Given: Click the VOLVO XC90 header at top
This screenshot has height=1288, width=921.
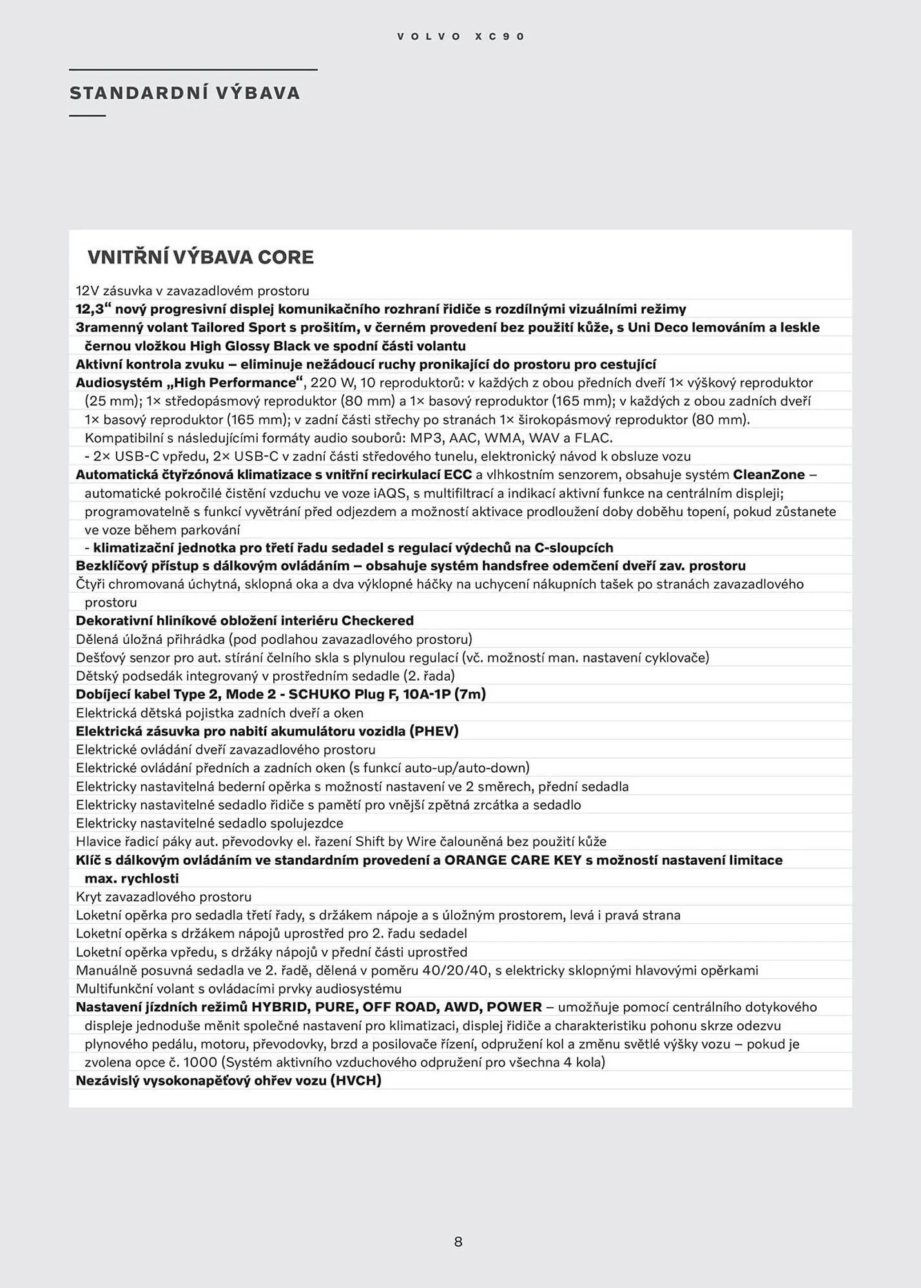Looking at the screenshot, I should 461,37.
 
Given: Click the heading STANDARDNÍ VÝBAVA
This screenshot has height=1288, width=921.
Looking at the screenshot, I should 185,93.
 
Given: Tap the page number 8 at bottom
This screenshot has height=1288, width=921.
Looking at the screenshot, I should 458,1242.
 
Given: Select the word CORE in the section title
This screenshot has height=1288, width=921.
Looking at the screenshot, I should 286,258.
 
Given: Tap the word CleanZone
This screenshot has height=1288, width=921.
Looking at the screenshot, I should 769,475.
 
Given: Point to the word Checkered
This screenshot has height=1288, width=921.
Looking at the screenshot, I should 378,621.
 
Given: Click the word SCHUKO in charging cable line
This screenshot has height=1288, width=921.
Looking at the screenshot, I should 320,694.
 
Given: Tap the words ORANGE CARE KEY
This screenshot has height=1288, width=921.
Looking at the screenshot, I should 513,860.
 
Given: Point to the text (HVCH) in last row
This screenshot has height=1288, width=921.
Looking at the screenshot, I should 356,1081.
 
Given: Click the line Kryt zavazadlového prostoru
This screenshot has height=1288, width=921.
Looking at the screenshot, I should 164,897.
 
